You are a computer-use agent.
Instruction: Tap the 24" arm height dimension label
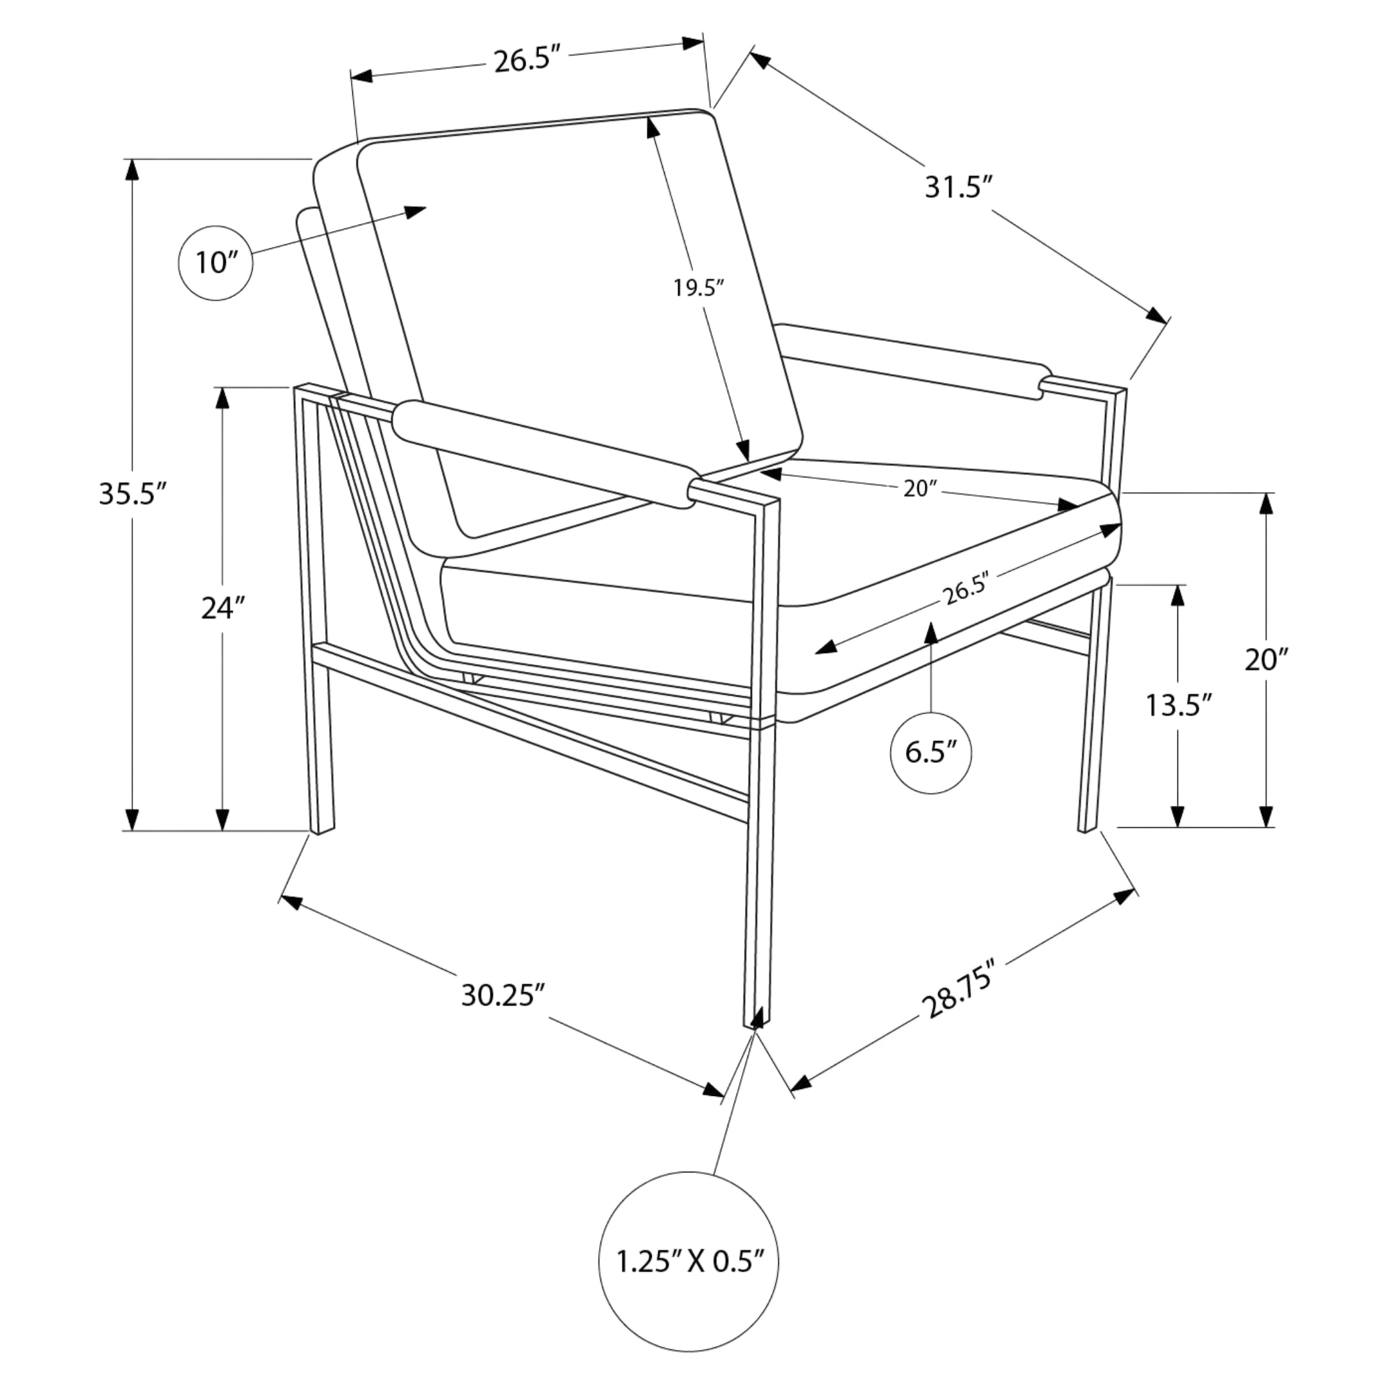pyautogui.click(x=223, y=608)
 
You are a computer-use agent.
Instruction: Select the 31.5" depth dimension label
pyautogui.click(x=958, y=188)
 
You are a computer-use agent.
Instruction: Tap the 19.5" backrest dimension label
pyautogui.click(x=698, y=287)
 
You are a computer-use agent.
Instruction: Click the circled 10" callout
pyautogui.click(x=215, y=263)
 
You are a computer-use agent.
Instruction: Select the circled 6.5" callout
pyautogui.click(x=931, y=753)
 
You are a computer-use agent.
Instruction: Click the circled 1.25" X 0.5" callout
pyautogui.click(x=689, y=1262)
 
